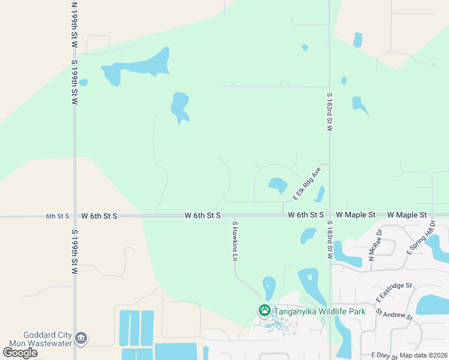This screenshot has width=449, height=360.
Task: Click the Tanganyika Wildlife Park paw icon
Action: (x=264, y=311)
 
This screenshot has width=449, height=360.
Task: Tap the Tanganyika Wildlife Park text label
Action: (x=319, y=311)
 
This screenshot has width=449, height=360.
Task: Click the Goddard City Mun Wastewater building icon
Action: (x=80, y=339)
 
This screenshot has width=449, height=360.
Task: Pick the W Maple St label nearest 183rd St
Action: (x=355, y=215)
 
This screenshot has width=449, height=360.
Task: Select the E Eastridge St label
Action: (x=394, y=292)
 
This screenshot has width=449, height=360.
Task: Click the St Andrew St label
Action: (x=395, y=315)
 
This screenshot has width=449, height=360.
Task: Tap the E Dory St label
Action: (x=384, y=356)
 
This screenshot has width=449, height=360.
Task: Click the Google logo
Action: (x=20, y=352)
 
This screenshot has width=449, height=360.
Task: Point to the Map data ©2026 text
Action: (x=424, y=355)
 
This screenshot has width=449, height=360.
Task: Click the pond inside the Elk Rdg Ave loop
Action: (x=277, y=185)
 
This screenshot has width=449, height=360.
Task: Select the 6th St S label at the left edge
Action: (x=58, y=215)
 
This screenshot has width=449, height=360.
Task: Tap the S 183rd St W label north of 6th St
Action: (x=330, y=112)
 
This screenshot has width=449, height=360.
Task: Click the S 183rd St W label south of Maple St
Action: (x=330, y=239)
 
